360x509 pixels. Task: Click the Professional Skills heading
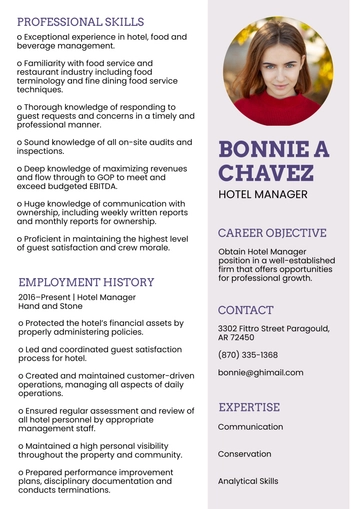point(81,21)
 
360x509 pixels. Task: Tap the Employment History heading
point(86,282)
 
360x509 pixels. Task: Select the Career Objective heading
point(272,233)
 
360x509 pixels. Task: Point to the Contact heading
point(245,310)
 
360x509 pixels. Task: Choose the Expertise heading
point(249,407)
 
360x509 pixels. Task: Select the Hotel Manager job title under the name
point(263,195)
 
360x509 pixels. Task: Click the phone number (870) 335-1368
point(248,355)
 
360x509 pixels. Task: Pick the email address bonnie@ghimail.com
point(260,373)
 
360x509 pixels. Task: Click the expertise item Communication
point(251,427)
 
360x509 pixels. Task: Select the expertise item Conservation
point(245,454)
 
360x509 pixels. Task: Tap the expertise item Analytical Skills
point(248,481)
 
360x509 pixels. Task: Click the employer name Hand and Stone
point(50,307)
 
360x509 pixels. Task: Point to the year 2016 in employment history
point(28,298)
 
